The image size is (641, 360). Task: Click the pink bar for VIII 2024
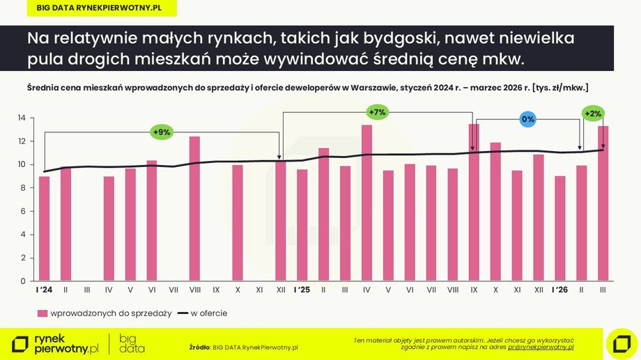(194, 209)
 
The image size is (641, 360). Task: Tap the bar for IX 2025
(474, 203)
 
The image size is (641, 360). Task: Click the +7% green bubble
(376, 112)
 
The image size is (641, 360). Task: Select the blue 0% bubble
(527, 119)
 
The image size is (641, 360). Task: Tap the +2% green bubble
(594, 114)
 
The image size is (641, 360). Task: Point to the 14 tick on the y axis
(22, 118)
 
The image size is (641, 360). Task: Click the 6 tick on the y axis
(22, 212)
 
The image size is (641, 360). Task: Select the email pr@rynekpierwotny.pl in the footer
(540, 346)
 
